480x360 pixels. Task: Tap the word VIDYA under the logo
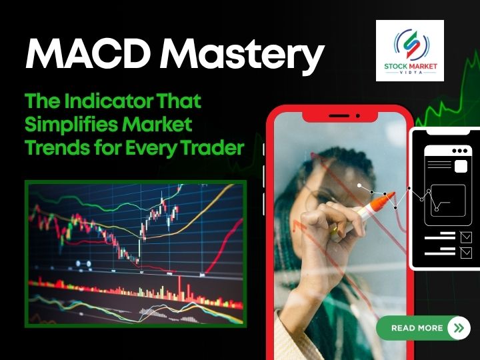409,75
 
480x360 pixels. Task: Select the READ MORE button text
417,328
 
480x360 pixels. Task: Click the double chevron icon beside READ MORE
457,328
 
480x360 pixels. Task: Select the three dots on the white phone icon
459,151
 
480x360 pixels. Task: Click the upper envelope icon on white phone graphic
465,236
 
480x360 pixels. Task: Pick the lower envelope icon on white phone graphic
465,253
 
